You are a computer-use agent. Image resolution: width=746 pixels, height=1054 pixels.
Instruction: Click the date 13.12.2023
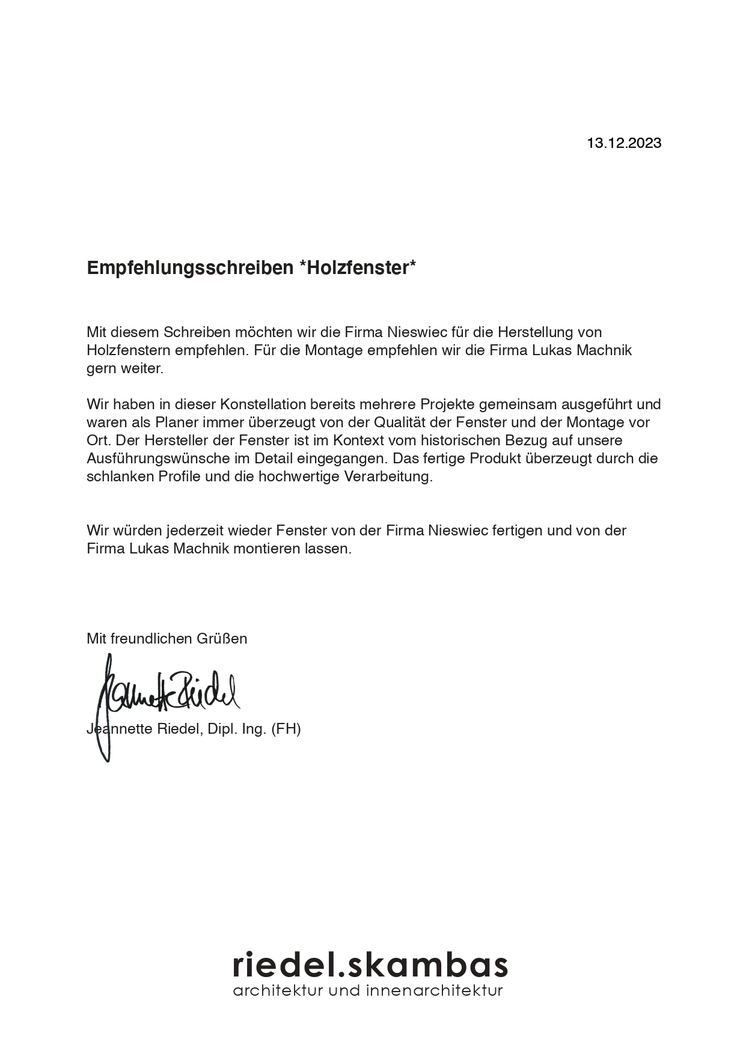(623, 143)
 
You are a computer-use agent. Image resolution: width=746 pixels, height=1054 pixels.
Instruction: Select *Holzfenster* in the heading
(357, 268)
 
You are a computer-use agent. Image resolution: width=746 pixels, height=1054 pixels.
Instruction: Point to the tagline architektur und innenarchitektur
(368, 990)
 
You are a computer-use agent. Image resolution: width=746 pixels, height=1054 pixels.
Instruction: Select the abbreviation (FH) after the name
(286, 729)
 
